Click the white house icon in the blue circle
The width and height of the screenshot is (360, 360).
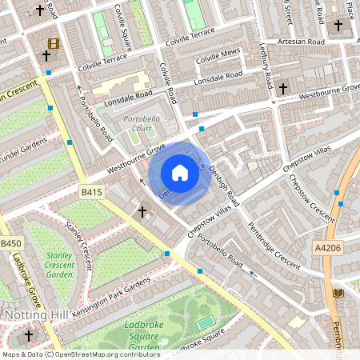[x=180, y=173]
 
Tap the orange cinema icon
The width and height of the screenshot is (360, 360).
[x=53, y=43]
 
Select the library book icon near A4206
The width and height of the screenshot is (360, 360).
[x=337, y=294]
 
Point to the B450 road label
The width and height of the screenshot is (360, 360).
[x=10, y=243]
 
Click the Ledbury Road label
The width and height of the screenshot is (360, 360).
[x=267, y=72]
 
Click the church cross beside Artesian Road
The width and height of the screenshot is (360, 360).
[x=338, y=26]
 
